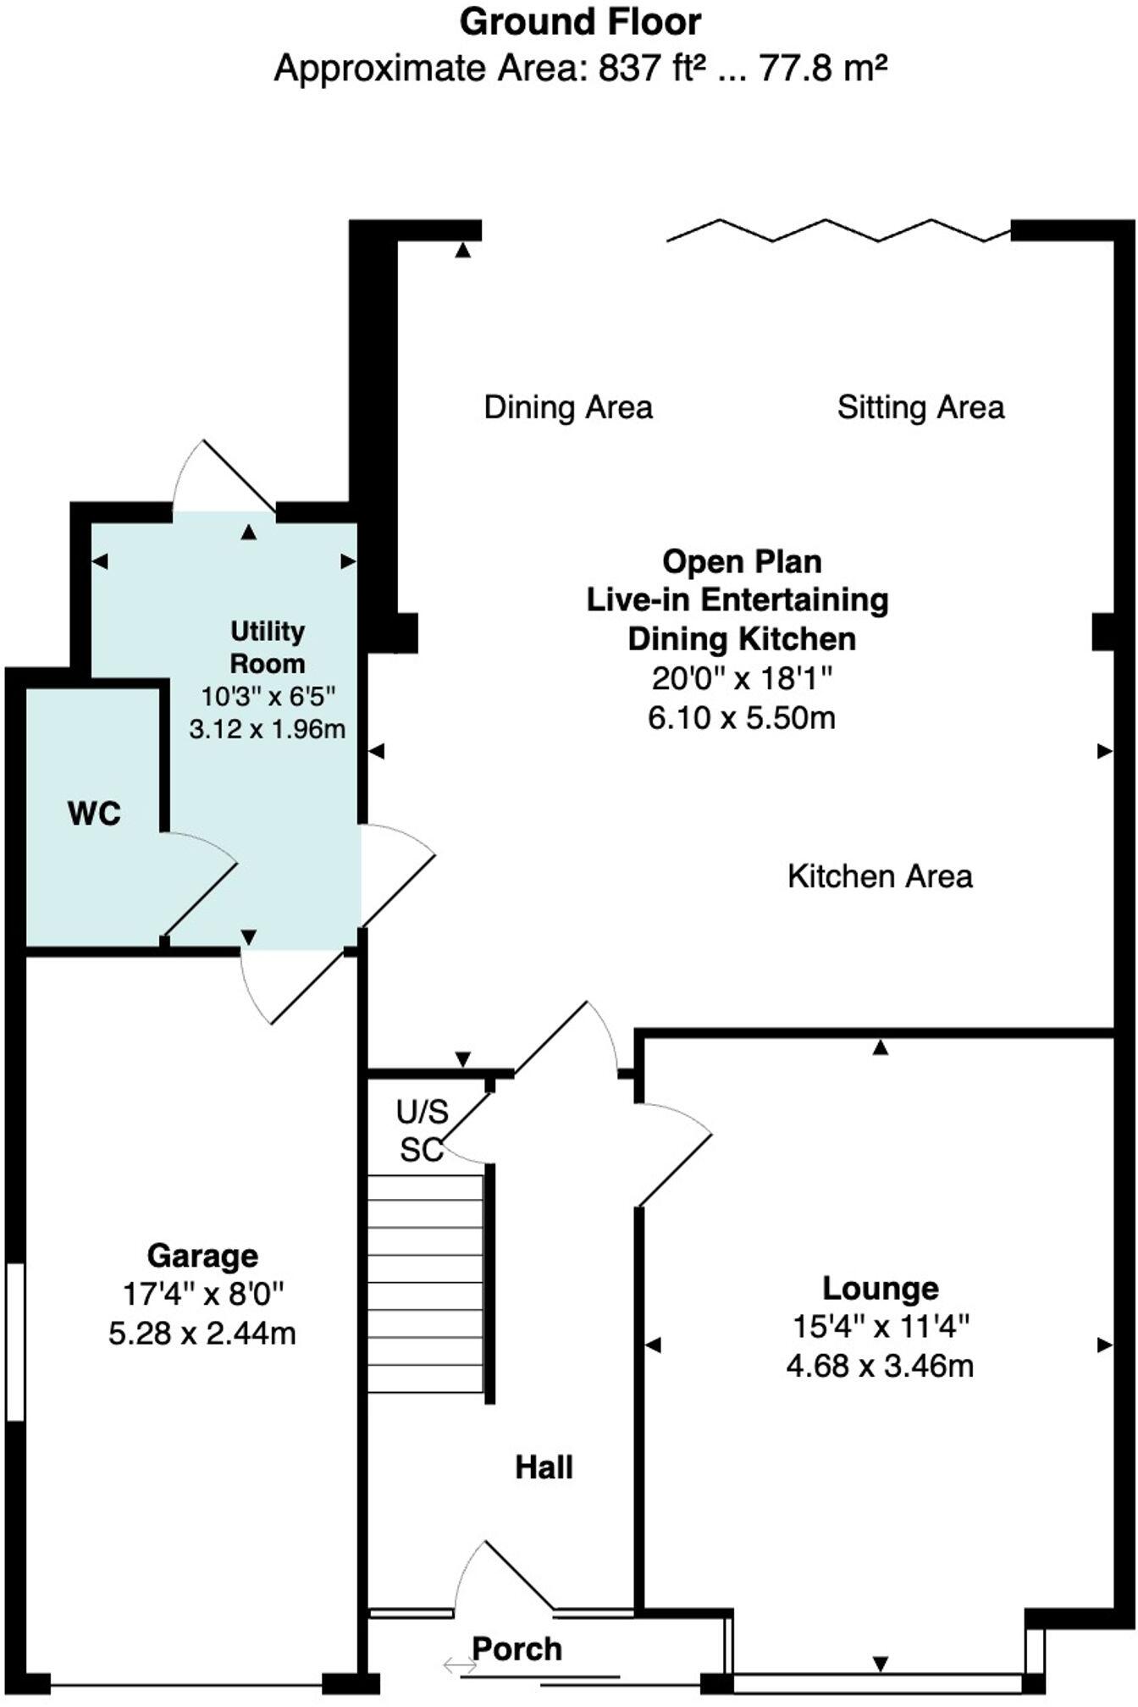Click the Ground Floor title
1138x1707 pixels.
pos(580,23)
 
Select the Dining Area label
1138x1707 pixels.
pos(568,407)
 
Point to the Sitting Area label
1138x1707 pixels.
pos(920,407)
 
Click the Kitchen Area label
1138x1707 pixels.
pos(880,876)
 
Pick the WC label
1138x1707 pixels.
pos(94,814)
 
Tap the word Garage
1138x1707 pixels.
pos(202,1255)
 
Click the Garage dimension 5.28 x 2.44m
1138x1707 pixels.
pos(202,1334)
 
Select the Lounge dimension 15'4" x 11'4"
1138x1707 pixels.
pos(881,1326)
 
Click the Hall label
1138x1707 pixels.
pos(544,1467)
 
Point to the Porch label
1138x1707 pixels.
pos(517,1649)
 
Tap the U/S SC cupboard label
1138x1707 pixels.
pos(422,1130)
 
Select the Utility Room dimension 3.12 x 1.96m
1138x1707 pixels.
pos(268,729)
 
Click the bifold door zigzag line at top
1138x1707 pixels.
pos(838,229)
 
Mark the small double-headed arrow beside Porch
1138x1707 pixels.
pos(460,1666)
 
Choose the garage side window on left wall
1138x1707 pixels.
pos(15,1341)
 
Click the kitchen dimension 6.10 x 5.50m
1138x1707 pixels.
pos(742,718)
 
